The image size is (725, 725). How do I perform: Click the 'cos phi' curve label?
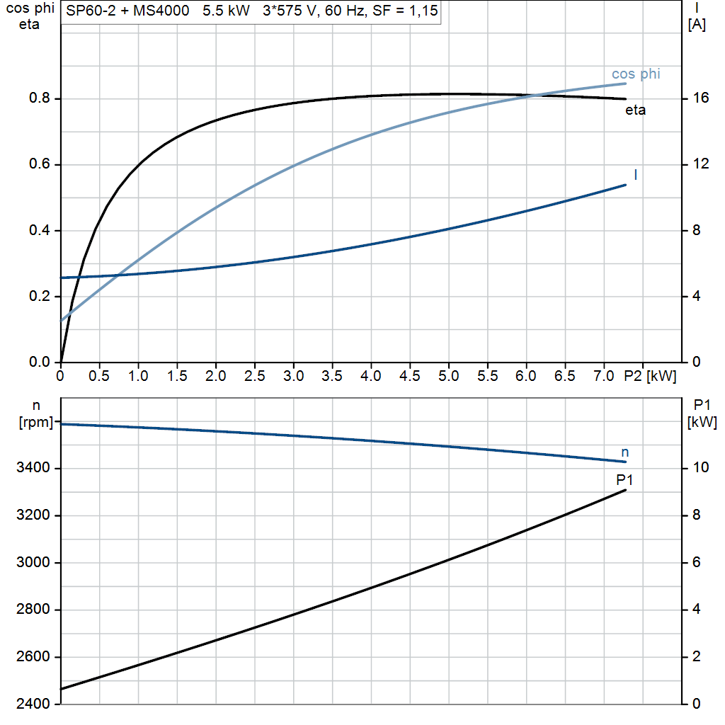[x=636, y=74]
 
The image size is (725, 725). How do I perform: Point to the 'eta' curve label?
[x=635, y=110]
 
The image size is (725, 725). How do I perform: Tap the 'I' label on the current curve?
[x=635, y=174]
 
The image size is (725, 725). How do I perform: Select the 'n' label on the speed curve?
[x=624, y=452]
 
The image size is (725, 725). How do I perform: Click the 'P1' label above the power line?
[x=624, y=480]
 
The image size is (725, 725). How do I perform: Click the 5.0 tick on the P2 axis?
[x=448, y=376]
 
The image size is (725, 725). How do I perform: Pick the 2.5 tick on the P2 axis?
[x=254, y=376]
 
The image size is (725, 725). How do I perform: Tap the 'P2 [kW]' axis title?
[x=650, y=376]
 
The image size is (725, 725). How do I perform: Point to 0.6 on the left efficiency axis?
[x=41, y=164]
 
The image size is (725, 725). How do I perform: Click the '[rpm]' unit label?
[x=35, y=423]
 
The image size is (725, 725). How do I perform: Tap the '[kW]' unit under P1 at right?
[x=702, y=423]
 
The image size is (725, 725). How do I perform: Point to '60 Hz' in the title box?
[x=344, y=12]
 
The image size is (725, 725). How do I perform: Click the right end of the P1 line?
[x=626, y=490]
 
